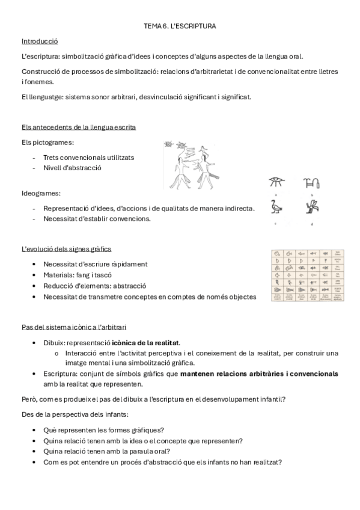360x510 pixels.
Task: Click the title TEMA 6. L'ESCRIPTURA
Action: pos(180,26)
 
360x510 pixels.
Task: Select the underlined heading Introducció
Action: pos(39,41)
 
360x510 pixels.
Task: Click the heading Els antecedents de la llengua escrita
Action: pos(78,127)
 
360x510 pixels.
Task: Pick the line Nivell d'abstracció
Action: pos(72,168)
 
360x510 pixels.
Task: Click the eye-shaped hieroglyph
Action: pos(277,183)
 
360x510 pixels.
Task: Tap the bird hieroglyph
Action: pos(277,207)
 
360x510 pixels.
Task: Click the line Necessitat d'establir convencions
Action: pos(97,218)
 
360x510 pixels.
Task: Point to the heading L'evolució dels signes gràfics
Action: pos(66,249)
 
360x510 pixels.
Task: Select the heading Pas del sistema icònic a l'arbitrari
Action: pos(74,327)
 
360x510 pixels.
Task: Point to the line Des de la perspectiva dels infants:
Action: pos(76,414)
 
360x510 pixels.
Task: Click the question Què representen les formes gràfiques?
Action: pos(104,429)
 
